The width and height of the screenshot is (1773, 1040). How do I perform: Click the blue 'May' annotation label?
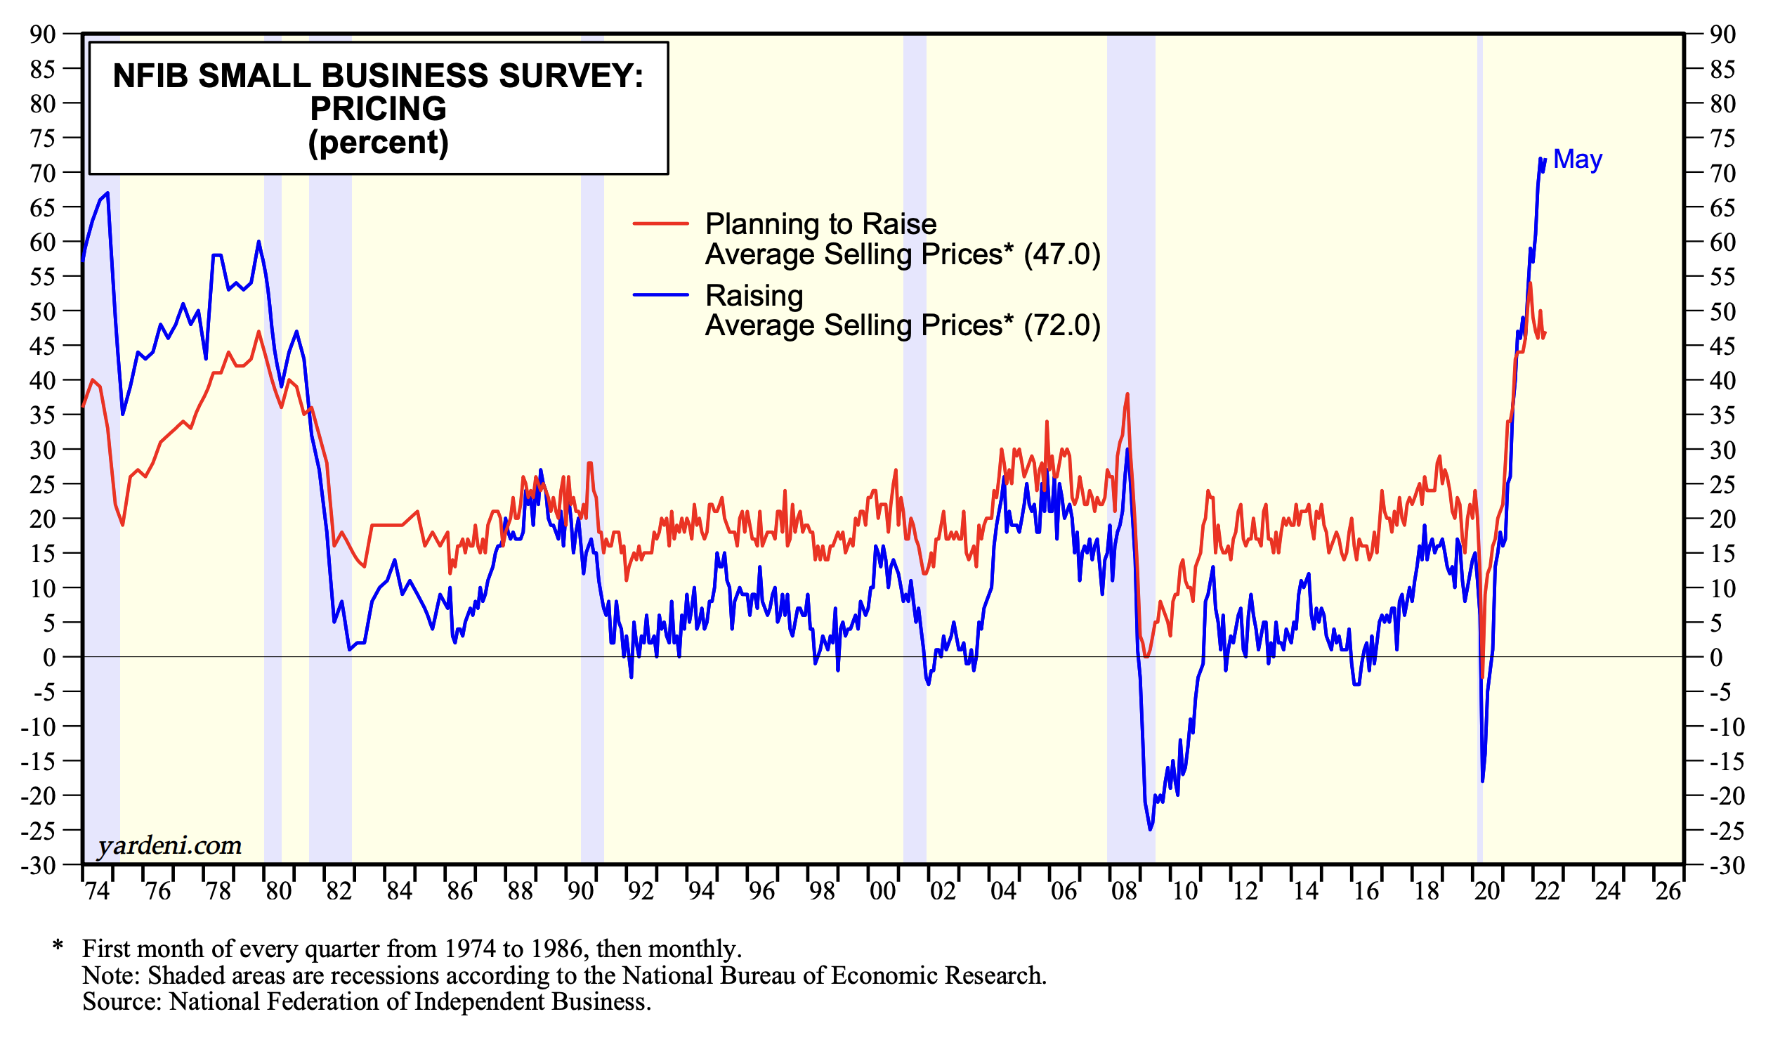coord(1577,160)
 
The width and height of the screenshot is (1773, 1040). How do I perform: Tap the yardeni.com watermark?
coord(169,845)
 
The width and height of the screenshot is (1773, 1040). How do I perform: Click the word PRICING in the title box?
coord(378,109)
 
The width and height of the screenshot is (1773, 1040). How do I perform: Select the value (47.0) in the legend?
coord(1061,254)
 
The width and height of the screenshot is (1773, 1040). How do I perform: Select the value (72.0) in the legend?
coord(1061,325)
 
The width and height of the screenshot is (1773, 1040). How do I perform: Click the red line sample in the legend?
coord(660,223)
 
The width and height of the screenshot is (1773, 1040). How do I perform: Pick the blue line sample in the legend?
coord(660,295)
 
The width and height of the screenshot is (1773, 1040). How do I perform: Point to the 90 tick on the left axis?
coord(42,34)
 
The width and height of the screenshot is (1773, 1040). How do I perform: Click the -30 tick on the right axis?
coord(1727,866)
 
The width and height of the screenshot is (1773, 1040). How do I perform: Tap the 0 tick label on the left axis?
coord(49,658)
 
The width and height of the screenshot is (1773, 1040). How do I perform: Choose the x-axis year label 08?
coord(1125,892)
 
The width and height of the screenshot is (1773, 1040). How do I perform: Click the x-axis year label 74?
coord(97,892)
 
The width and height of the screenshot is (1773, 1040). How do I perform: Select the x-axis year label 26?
coord(1669,892)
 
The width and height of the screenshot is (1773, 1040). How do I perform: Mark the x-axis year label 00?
coord(882,892)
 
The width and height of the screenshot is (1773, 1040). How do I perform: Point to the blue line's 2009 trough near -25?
coord(1151,830)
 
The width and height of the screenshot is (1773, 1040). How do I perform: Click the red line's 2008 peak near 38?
coord(1128,394)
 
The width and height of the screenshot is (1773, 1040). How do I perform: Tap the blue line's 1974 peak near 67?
coord(107,193)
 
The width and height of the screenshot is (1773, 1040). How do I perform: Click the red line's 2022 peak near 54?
coord(1530,283)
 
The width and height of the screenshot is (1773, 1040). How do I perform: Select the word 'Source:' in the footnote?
coord(122,1001)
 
